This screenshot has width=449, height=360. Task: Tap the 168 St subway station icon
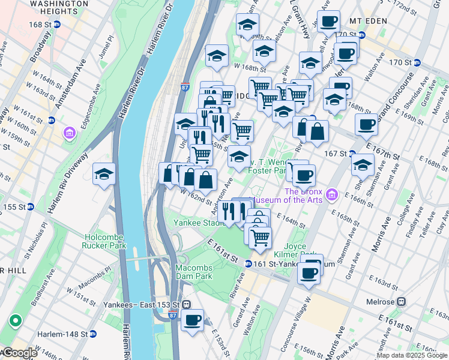[57, 25]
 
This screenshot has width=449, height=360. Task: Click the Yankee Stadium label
[199, 223]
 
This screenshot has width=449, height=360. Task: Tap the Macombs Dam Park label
[194, 272]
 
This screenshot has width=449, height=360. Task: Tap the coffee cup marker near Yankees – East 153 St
[192, 319]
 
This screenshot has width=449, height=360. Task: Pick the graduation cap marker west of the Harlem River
[104, 174]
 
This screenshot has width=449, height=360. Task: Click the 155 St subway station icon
[29, 207]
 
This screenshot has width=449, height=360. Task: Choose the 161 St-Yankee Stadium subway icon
[248, 263]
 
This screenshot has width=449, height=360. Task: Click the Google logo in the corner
[20, 353]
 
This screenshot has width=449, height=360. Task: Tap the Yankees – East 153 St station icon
[187, 304]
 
